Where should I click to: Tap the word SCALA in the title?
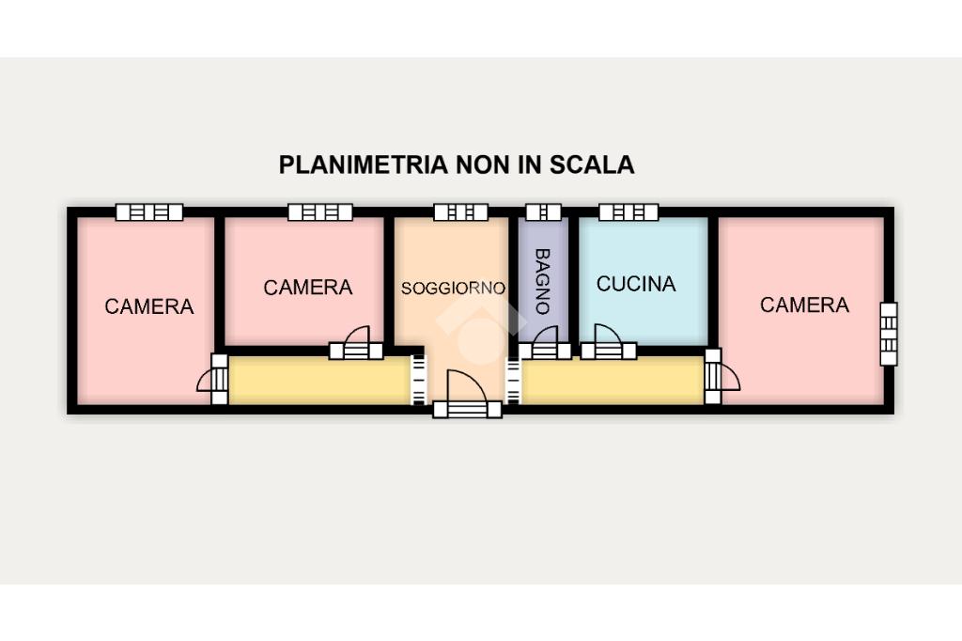coord(592,164)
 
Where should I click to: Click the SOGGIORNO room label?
coord(453,288)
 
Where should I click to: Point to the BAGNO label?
coord(542,281)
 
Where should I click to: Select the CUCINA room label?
coord(636,284)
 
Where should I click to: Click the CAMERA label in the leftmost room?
coord(149,306)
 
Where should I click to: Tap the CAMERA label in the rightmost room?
coord(804,305)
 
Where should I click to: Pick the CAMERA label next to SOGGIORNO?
coord(308,288)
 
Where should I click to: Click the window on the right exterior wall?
coord(889,334)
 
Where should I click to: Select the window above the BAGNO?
coord(544,212)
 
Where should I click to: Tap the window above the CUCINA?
coord(628,212)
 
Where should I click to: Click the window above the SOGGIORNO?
coord(460,212)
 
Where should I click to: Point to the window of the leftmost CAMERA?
coord(149,212)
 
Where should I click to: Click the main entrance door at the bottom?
coord(468,396)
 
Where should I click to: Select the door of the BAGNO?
coord(545,344)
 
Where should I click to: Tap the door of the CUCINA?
coord(609,343)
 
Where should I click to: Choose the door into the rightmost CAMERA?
coord(721,376)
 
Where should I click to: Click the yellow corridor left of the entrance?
coord(319,381)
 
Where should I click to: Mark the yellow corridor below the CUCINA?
coord(613,381)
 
